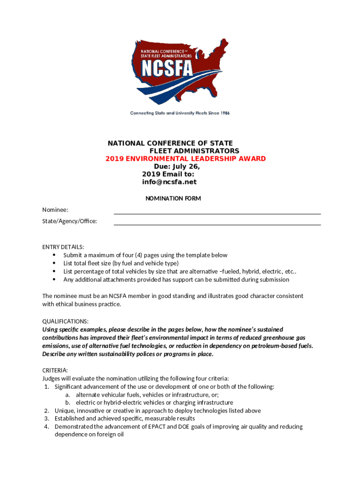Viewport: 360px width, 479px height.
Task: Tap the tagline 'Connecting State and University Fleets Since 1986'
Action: pyautogui.click(x=180, y=113)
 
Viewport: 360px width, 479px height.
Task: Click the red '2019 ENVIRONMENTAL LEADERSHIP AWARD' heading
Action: pyautogui.click(x=186, y=159)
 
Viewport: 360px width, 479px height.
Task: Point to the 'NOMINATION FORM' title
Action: pyautogui.click(x=173, y=198)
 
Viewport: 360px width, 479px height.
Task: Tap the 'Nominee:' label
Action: pyautogui.click(x=55, y=210)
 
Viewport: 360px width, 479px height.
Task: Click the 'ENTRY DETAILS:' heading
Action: pyautogui.click(x=63, y=247)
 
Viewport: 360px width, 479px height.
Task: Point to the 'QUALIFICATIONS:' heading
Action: pyautogui.click(x=65, y=321)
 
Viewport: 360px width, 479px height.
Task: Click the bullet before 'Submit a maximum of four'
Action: pyautogui.click(x=54, y=255)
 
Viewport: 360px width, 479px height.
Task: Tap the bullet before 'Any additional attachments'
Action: pyautogui.click(x=54, y=280)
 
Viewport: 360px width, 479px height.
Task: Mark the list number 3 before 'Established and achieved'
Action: pyautogui.click(x=47, y=419)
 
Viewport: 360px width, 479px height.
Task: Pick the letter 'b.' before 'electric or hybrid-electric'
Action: pyautogui.click(x=68, y=402)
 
